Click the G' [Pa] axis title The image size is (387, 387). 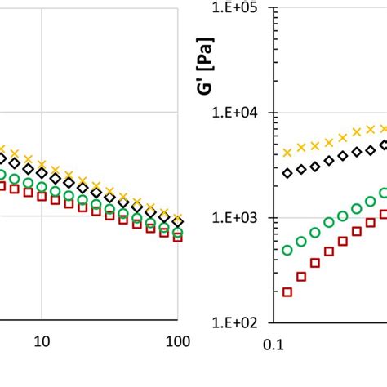click(x=210, y=82)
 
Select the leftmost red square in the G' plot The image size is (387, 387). click(x=287, y=291)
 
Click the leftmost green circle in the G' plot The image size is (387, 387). click(x=287, y=251)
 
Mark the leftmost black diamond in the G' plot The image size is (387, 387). click(x=287, y=173)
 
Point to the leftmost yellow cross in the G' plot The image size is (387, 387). click(x=287, y=153)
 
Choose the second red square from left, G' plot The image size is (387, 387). click(x=301, y=276)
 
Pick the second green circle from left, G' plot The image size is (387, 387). click(x=301, y=242)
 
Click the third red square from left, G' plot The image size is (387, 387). click(x=315, y=263)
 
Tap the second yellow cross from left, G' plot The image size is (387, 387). click(x=301, y=148)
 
